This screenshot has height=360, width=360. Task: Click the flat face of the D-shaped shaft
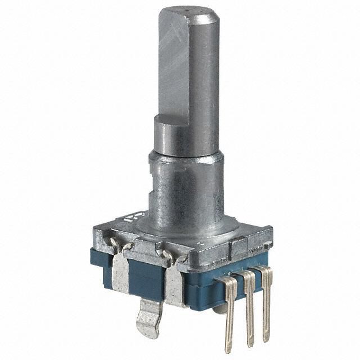coord(176,67)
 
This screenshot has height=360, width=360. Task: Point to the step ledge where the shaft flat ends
coord(169,120)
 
